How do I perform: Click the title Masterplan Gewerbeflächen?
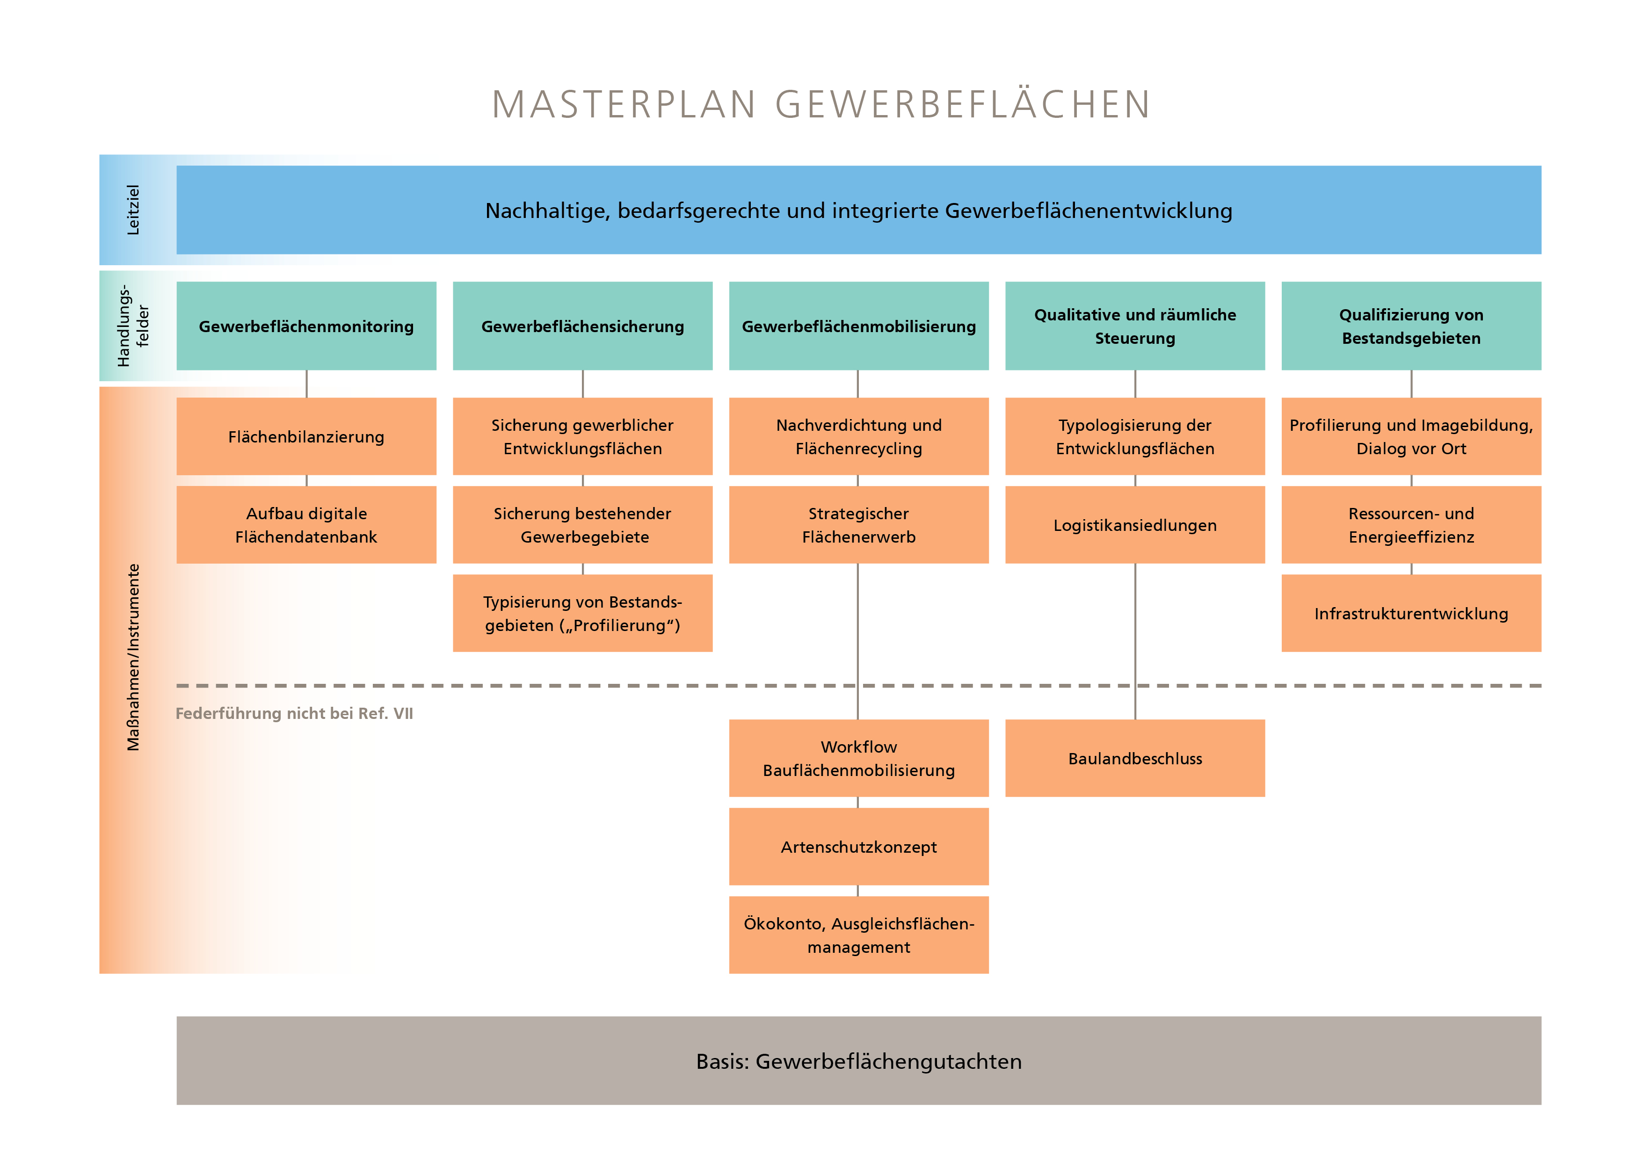tap(820, 104)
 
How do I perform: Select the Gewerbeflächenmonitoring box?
tap(306, 326)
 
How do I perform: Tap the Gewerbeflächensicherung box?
tap(582, 326)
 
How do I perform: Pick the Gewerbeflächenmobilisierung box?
tap(858, 326)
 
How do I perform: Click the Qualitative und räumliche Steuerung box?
tap(1134, 326)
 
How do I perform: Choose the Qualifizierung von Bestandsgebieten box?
tap(1411, 326)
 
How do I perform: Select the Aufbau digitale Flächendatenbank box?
tap(306, 525)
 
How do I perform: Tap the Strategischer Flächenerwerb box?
tap(858, 525)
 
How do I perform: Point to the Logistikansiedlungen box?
tap(1134, 525)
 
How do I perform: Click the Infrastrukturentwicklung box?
tap(1411, 613)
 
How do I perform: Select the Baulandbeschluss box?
tap(1134, 758)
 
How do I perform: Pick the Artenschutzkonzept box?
tap(858, 847)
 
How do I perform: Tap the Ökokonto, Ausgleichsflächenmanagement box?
tap(858, 935)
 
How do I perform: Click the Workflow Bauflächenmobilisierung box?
tap(858, 758)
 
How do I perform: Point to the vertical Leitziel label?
tap(133, 210)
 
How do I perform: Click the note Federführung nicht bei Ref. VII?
tap(294, 713)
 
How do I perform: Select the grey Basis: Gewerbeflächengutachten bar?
tap(858, 1061)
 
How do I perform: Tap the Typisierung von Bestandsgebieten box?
tap(582, 613)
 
